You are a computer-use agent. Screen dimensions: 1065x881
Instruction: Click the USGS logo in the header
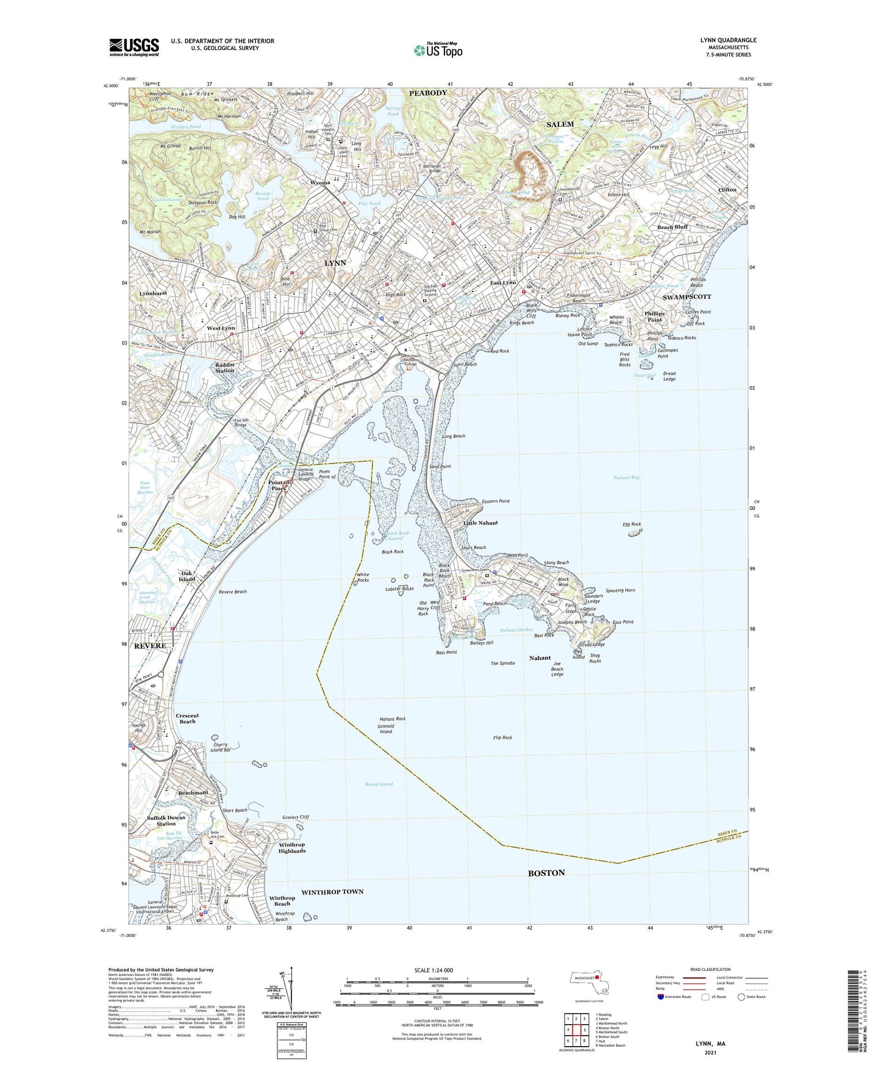(134, 47)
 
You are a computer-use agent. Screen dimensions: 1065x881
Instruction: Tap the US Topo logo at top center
(438, 50)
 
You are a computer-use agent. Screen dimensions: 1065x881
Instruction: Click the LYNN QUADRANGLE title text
(728, 40)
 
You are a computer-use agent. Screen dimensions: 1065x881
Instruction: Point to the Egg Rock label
(632, 524)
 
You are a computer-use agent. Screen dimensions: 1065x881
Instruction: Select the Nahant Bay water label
(626, 478)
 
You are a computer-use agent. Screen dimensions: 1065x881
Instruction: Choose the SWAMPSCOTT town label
(687, 296)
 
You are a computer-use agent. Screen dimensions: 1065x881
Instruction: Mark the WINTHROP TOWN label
(332, 892)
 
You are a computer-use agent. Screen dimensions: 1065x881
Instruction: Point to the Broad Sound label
(379, 784)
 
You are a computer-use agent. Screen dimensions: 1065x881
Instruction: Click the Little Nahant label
(480, 523)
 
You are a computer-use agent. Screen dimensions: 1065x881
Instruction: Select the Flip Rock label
(502, 737)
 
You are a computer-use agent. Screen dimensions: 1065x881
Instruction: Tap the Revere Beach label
(232, 592)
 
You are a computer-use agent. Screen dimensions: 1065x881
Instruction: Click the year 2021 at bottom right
(710, 1053)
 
